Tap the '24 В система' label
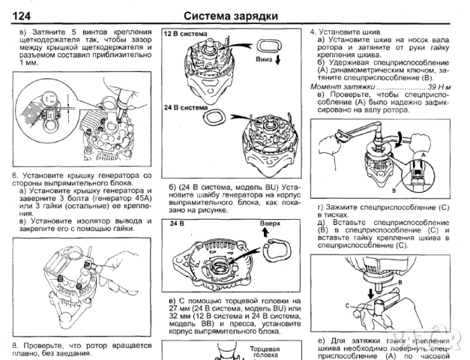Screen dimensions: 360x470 (x=187, y=107)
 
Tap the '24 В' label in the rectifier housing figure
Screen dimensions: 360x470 (x=177, y=223)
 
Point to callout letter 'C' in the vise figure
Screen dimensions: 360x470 (x=347, y=305)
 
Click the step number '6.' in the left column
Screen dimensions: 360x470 (x=15, y=175)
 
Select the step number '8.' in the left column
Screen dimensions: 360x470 (x=15, y=345)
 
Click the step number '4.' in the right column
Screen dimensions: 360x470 (x=313, y=33)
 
